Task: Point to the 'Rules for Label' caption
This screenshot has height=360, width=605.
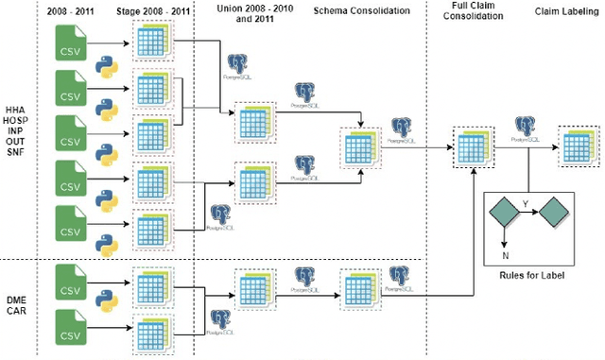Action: tap(530, 274)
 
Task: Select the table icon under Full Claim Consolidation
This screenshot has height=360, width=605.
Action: tap(472, 146)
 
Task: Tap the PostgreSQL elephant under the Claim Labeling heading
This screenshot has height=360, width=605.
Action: tap(526, 127)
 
